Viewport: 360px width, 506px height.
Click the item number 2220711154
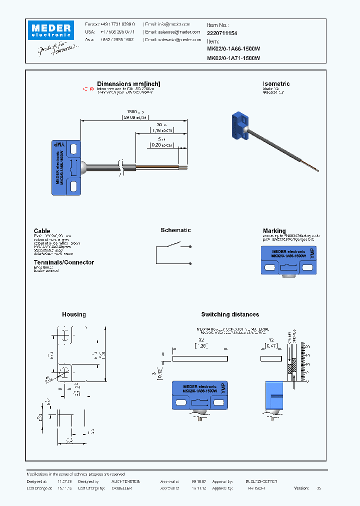(222, 32)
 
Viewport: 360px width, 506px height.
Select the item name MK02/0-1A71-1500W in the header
(233, 58)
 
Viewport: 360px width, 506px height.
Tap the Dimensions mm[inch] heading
(128, 84)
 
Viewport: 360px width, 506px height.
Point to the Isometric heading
(276, 84)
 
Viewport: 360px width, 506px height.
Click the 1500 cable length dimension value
(132, 111)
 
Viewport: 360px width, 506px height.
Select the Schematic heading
(175, 230)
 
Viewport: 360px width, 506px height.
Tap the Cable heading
(42, 231)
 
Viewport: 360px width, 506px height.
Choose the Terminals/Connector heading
(63, 262)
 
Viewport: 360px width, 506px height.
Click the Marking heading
(274, 231)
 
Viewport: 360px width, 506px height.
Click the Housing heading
(73, 314)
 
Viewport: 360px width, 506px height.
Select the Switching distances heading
(230, 314)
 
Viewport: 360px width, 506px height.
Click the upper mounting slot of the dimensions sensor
(73, 148)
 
